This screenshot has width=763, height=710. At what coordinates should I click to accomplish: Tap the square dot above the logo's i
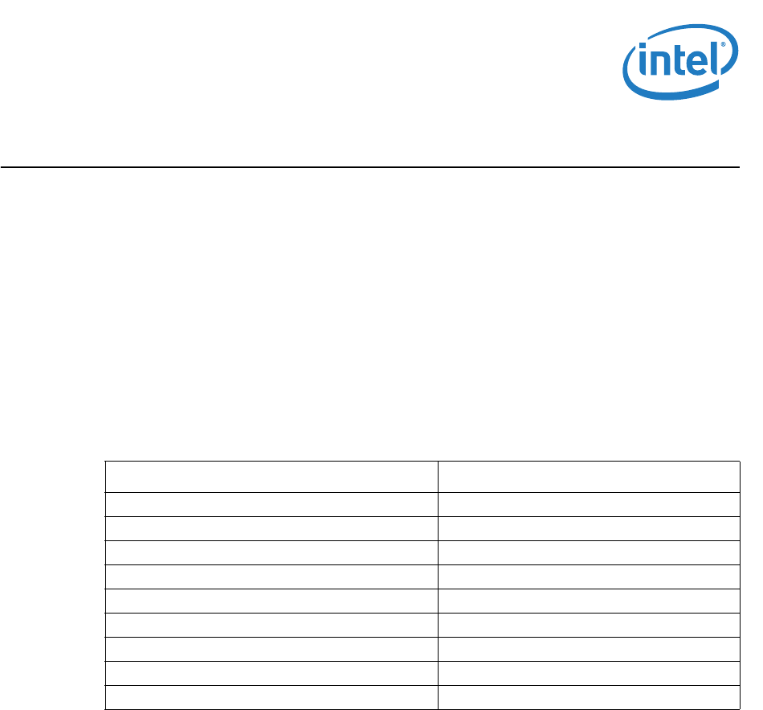[643, 51]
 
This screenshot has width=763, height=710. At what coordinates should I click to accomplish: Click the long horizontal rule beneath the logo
[369, 167]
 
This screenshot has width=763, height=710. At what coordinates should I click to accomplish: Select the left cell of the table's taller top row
[271, 476]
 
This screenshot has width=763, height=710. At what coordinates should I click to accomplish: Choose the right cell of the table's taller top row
[588, 476]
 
